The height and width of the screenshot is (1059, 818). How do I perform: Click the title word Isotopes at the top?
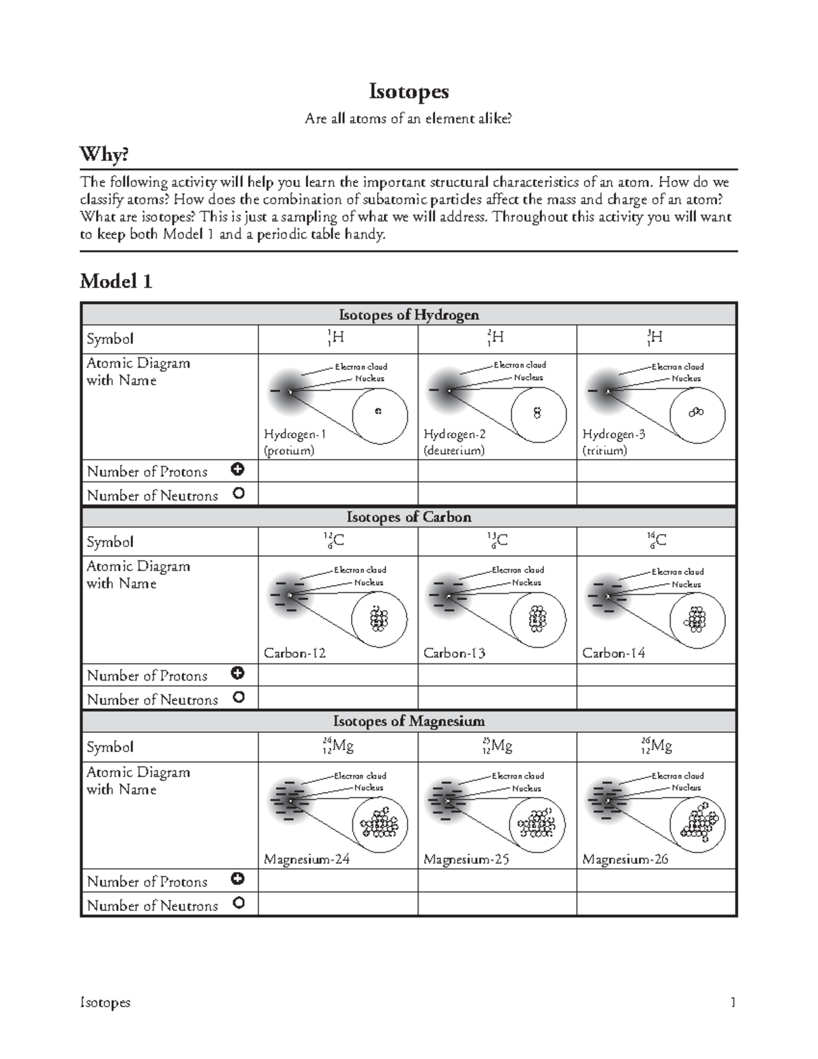tap(408, 91)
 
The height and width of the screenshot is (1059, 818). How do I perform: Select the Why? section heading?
tap(104, 155)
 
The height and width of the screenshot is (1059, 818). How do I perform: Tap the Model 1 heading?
tap(116, 281)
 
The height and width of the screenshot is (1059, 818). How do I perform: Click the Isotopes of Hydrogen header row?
tap(408, 314)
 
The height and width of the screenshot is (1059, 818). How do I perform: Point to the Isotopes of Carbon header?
tap(408, 517)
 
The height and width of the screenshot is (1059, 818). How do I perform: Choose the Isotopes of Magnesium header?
tap(408, 721)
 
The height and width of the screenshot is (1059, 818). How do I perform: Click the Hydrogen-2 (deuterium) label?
tap(455, 442)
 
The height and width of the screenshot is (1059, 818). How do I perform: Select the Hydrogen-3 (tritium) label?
tap(613, 442)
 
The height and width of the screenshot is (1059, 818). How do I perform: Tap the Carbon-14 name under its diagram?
tap(613, 653)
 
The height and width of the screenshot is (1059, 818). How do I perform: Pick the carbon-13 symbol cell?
tap(497, 541)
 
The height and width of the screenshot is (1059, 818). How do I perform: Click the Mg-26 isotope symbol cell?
tap(656, 747)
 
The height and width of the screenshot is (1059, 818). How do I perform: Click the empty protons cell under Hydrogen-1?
tap(337, 471)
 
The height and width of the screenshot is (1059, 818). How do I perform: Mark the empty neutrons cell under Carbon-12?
tap(337, 698)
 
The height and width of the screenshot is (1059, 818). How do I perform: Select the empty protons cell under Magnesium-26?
tap(656, 880)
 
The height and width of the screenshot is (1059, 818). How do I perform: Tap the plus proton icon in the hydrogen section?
tap(238, 469)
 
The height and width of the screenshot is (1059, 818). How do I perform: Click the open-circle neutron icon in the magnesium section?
tap(238, 903)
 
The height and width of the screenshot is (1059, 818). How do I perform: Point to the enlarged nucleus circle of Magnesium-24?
tap(380, 824)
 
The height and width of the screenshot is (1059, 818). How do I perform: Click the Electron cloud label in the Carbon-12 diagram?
tap(360, 570)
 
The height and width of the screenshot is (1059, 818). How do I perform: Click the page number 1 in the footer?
tap(733, 1002)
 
